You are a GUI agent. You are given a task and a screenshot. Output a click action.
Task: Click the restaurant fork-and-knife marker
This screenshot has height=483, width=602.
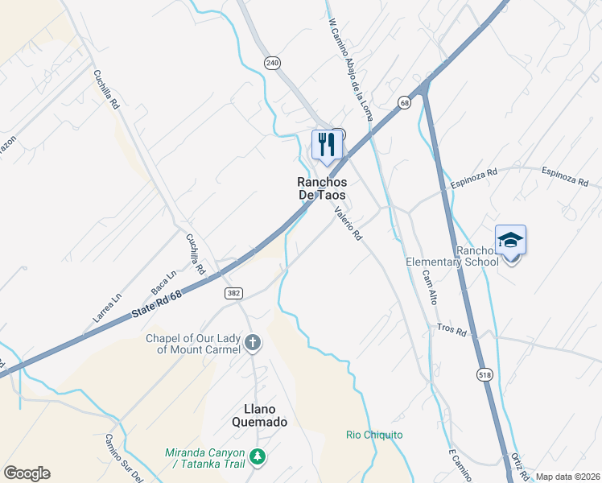pos(327,145)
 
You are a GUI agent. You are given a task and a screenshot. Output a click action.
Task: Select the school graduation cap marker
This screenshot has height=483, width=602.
pos(510,239)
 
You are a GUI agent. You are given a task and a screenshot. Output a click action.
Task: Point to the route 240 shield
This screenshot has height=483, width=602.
pos(274,62)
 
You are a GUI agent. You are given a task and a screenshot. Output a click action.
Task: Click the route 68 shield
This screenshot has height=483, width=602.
pos(404,102)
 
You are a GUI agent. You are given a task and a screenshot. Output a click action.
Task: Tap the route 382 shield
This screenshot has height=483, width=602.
pos(233,294)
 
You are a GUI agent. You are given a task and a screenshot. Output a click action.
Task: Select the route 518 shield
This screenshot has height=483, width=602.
pos(484,374)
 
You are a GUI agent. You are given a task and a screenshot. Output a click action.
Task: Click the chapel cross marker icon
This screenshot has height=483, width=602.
pos(252,344)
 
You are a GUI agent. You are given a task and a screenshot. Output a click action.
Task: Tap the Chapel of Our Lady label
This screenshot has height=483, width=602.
pos(193,344)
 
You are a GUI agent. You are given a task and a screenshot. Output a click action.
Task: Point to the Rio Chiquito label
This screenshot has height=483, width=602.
pos(374,436)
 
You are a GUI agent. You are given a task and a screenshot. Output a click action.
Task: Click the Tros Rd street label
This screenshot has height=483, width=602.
pos(451,330)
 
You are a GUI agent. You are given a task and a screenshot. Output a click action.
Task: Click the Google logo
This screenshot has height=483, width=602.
pos(27,473)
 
